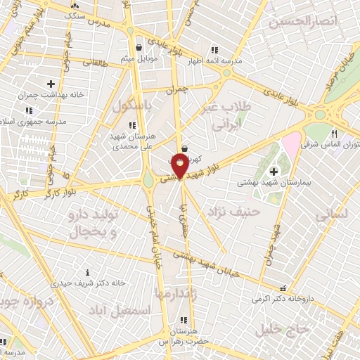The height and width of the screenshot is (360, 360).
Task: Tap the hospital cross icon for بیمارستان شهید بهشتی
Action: click(274, 171)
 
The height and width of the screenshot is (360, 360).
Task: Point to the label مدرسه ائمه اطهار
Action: click(241, 61)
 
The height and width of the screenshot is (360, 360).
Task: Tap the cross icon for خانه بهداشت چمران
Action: click(51, 84)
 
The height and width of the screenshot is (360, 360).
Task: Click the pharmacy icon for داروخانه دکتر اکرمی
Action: click(283, 288)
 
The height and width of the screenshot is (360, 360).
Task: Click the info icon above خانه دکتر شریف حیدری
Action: click(87, 272)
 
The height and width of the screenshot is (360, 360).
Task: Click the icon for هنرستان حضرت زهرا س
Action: click(185, 320)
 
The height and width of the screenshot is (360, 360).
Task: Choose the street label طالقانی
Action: click(94, 63)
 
